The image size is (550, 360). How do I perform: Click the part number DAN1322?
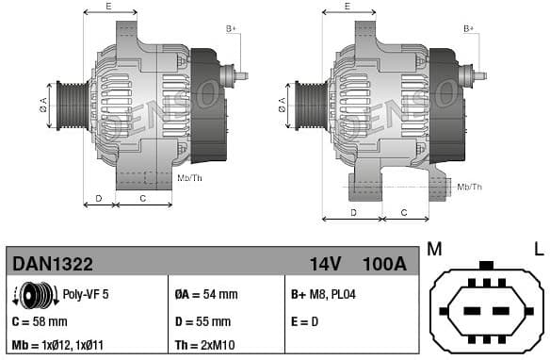[52, 264]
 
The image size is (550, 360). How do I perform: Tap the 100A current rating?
[384, 264]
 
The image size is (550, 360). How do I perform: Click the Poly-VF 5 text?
[86, 295]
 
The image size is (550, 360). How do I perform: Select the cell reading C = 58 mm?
[40, 321]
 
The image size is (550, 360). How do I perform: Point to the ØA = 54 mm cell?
[206, 295]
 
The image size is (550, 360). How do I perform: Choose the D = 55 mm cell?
[203, 321]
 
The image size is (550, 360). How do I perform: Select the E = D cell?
[305, 321]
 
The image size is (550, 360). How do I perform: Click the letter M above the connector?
[434, 249]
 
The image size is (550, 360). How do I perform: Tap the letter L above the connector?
[539, 249]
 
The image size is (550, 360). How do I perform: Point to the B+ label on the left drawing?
[232, 29]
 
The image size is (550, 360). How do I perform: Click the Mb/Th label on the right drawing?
[469, 188]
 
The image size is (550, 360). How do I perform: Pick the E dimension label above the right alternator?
[348, 7]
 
